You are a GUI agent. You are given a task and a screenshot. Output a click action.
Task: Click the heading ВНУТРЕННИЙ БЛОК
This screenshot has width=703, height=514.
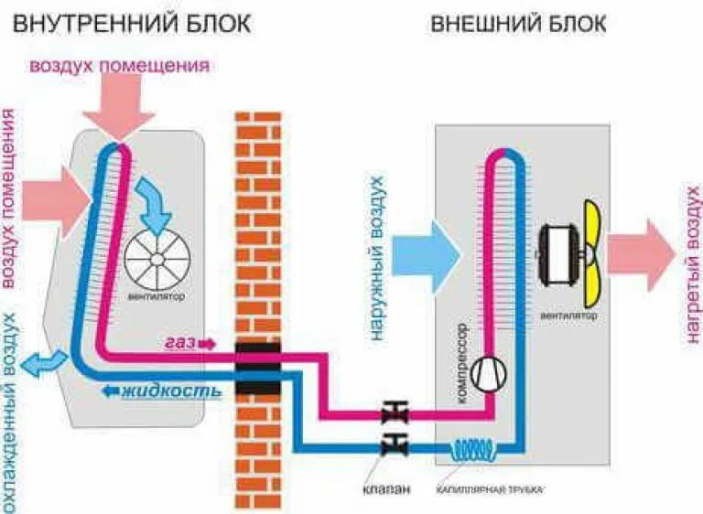point(131,23)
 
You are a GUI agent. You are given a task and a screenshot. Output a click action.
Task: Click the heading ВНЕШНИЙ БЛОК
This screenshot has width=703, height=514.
point(518,23)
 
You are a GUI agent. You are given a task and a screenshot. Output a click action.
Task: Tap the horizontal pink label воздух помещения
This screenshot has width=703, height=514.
point(119,66)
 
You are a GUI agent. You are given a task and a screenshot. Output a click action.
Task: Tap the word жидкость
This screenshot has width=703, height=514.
point(171,391)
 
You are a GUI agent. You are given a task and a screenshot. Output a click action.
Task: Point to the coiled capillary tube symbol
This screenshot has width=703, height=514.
point(473,448)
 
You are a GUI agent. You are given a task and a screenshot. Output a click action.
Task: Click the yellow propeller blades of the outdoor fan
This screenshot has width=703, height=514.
point(590,247)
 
